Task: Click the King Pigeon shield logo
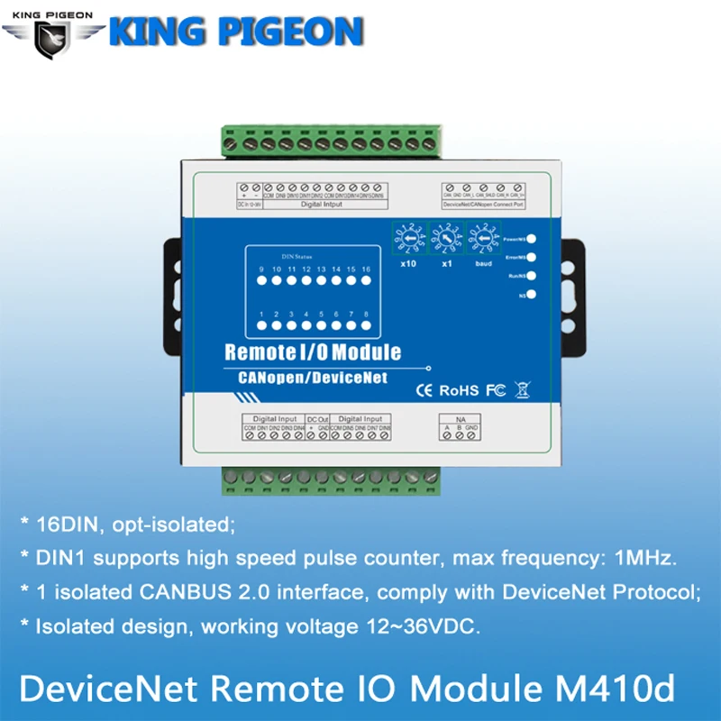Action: [53, 35]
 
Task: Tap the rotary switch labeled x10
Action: [406, 241]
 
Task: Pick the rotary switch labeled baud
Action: [483, 241]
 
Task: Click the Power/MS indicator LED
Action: [534, 239]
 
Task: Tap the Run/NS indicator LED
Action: [534, 276]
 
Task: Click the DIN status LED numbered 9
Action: [262, 281]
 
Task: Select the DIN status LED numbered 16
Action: [366, 281]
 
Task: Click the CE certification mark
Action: [424, 390]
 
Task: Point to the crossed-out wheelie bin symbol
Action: [520, 389]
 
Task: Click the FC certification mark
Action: [494, 390]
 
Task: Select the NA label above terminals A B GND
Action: [459, 419]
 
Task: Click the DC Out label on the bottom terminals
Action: [316, 419]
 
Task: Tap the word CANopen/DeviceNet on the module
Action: [306, 378]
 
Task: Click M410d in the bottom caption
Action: [622, 689]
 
